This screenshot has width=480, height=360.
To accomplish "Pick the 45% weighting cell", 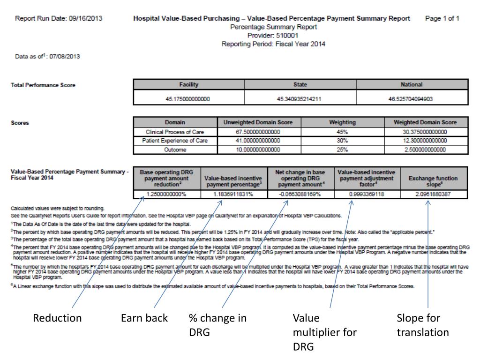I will click(x=342, y=132).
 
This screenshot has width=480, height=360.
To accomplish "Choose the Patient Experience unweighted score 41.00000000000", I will click(x=258, y=141).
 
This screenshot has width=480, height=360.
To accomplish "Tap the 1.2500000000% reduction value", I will click(x=166, y=194).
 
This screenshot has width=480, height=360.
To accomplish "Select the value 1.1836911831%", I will click(x=233, y=194).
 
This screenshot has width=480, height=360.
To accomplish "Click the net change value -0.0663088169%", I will click(x=300, y=194).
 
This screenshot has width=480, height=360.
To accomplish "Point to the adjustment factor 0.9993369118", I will click(x=367, y=194).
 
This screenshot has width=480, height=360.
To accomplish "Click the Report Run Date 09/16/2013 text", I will click(x=59, y=19).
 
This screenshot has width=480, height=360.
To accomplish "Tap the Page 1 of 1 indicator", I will click(x=442, y=19).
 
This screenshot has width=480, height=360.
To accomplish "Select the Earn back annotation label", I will click(x=144, y=318).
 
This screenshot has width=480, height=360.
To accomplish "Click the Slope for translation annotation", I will click(x=422, y=325).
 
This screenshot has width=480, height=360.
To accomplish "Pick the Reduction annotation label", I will click(x=57, y=318).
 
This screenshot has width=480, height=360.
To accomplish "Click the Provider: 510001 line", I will click(x=273, y=35).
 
